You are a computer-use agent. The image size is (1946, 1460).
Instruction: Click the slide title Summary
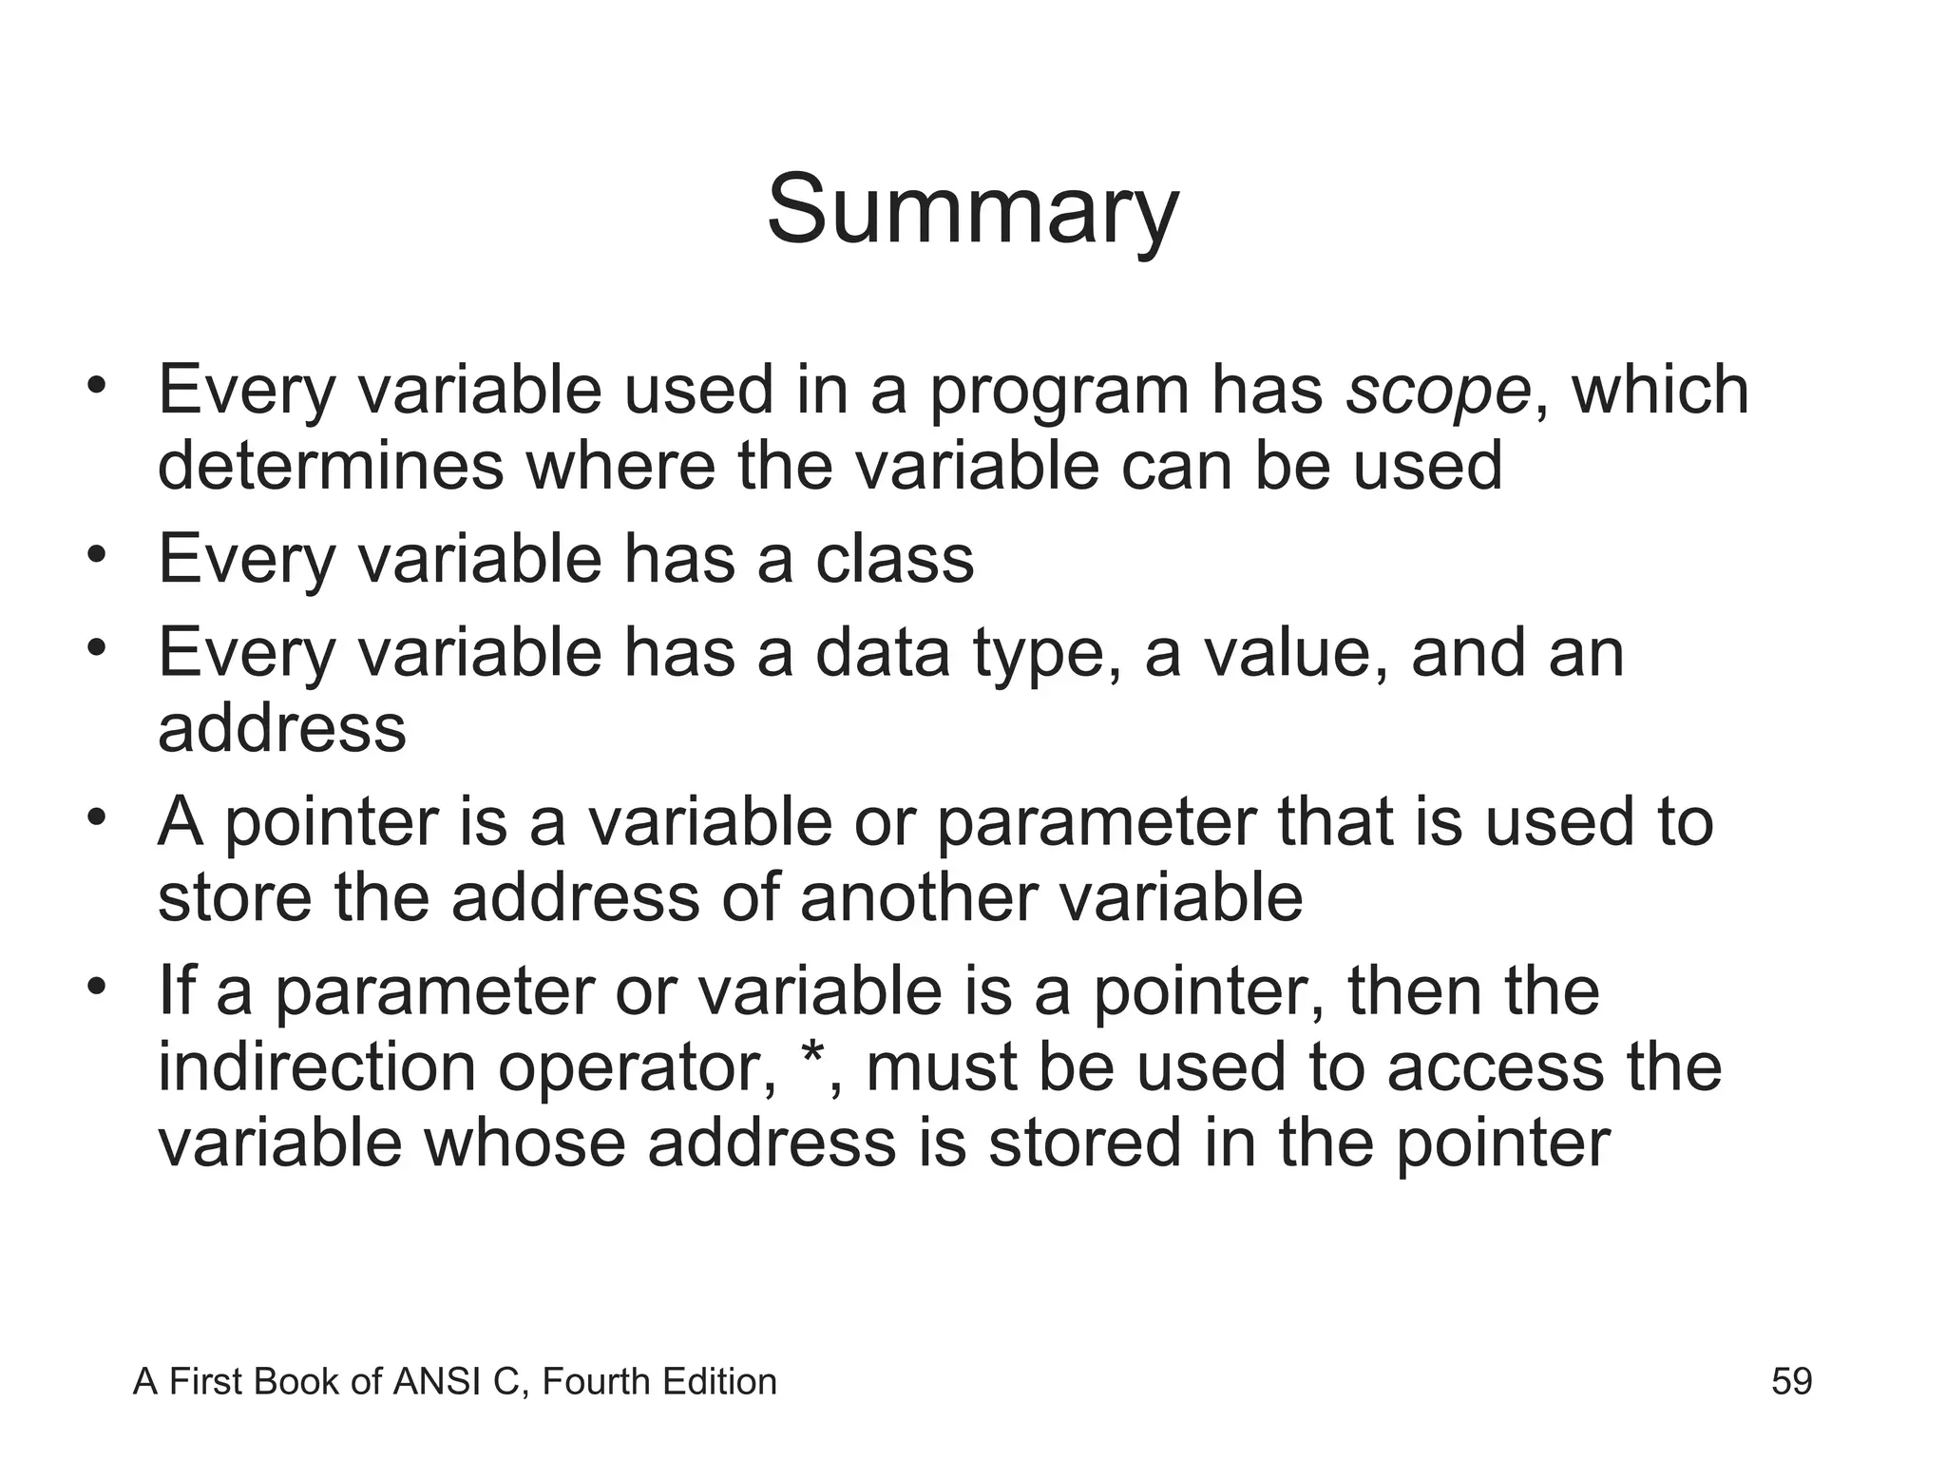(972, 210)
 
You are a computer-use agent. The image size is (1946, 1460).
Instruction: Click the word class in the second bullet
(894, 559)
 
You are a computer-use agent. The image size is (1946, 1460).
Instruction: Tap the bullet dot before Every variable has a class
(95, 553)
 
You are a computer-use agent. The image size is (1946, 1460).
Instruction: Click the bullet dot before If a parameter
(95, 986)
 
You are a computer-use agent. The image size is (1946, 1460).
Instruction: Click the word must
(940, 1066)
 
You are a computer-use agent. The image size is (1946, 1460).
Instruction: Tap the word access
(1495, 1066)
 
